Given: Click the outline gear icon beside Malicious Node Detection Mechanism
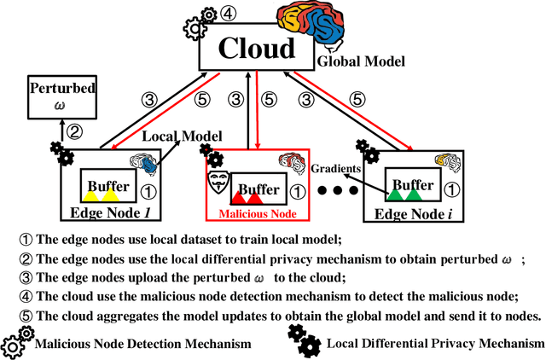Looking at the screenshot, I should (16, 345).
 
